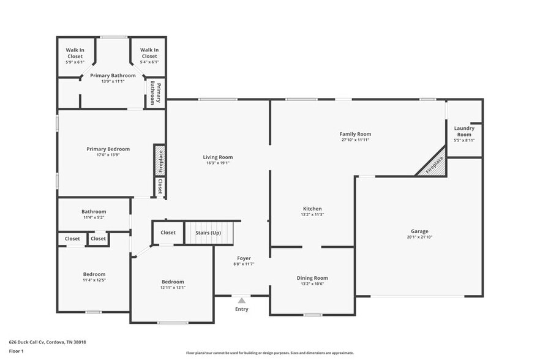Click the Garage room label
point(418,232)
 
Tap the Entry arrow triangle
point(242,301)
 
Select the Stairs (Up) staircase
point(209,233)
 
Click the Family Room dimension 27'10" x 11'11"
point(356,140)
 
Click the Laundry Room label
point(464,131)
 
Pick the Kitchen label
point(312,209)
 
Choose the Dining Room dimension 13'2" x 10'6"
point(312,284)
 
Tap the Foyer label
point(244,258)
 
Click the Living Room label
point(218,157)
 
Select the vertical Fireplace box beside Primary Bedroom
point(160,160)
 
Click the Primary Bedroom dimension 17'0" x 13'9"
point(108,155)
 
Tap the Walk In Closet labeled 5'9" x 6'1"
point(75,56)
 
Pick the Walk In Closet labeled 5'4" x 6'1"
point(149,56)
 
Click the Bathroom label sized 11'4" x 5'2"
point(94,212)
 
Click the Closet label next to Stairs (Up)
point(168,233)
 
